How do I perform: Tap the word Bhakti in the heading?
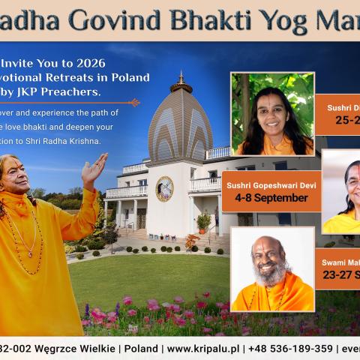(220, 19)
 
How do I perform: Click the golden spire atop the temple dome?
(180, 79)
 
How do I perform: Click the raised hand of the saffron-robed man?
(94, 169)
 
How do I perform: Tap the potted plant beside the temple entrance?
(202, 221)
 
